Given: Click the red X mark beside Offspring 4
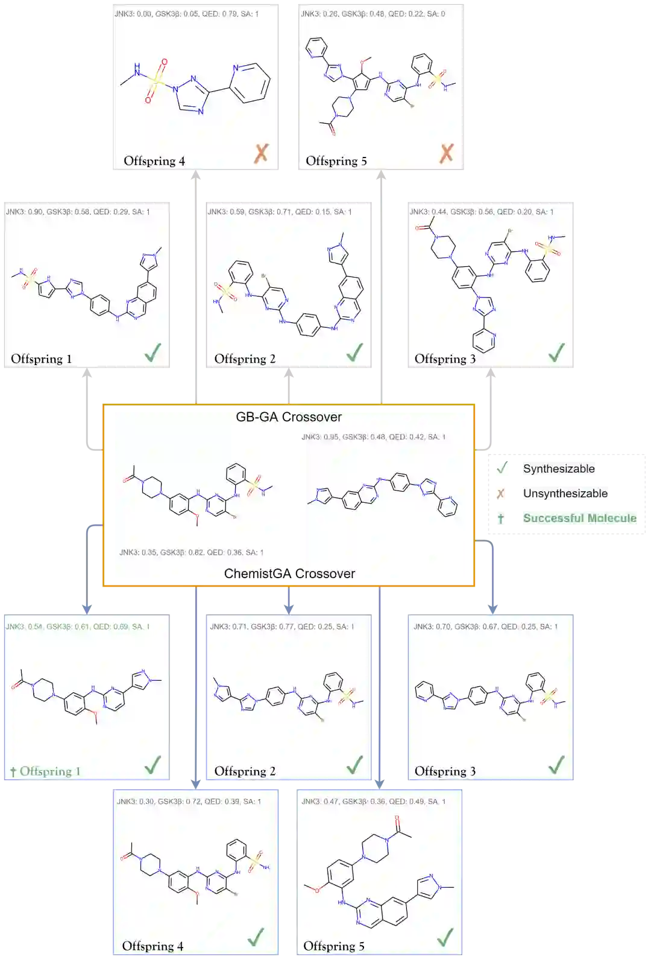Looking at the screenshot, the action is [261, 153].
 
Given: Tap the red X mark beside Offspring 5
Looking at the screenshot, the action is [446, 153].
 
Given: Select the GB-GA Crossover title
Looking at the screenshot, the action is [289, 417].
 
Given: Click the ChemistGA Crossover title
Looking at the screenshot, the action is [289, 573].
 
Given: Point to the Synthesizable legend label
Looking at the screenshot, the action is [558, 469].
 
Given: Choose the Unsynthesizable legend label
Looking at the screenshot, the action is [565, 493].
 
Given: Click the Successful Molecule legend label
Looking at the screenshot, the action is [579, 518].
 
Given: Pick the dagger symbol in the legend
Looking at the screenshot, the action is [500, 518].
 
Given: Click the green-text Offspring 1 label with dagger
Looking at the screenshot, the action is [45, 771].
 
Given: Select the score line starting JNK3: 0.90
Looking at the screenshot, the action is [78, 212].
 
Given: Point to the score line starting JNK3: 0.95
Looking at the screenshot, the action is [373, 437].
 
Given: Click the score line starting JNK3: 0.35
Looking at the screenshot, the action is [191, 552].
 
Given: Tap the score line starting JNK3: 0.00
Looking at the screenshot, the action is [187, 14].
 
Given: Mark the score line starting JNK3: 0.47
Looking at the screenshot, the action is [373, 801].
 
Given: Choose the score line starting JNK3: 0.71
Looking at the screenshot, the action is [281, 626].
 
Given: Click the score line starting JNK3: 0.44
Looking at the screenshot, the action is [481, 212].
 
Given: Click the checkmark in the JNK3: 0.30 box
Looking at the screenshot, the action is [256, 937].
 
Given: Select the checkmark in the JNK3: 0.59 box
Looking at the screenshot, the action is [354, 352].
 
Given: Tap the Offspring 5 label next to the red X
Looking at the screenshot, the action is [336, 161].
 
